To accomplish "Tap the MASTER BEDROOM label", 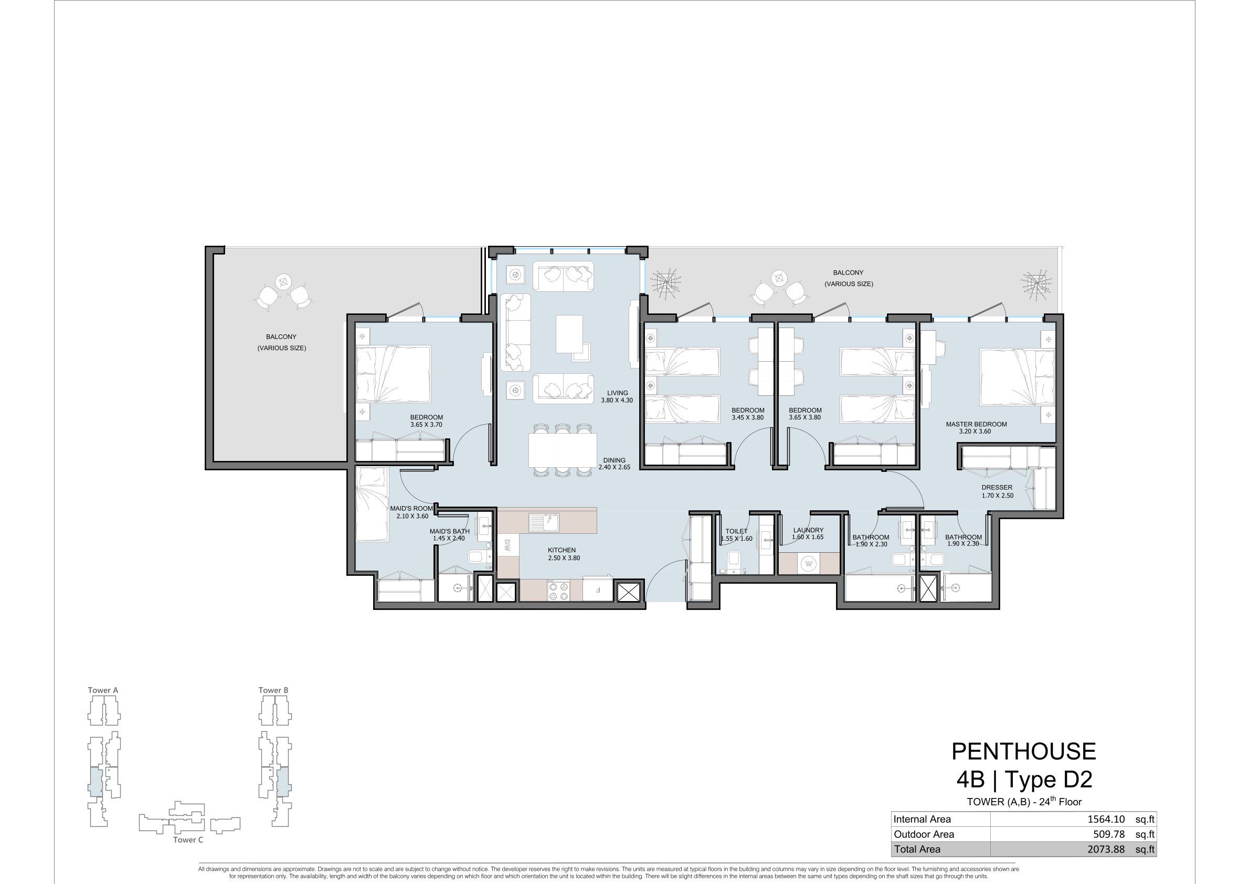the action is tap(976, 424).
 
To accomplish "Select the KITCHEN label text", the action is tap(562, 550).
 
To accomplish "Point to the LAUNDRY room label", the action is tap(809, 530).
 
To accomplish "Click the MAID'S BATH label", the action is tap(449, 531).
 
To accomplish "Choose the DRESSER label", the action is tap(997, 488).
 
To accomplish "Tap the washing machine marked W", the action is tap(809, 564).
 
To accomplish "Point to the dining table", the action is tap(563, 450).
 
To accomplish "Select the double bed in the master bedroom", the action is tap(1017, 377).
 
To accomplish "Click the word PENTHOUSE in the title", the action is tap(1023, 752).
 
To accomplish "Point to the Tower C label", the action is tap(188, 839).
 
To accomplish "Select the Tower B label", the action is tap(273, 690).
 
